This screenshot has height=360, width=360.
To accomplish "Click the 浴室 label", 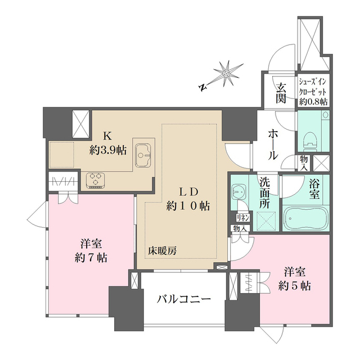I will [314, 189].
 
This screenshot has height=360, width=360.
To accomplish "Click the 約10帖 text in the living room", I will [188, 206].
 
